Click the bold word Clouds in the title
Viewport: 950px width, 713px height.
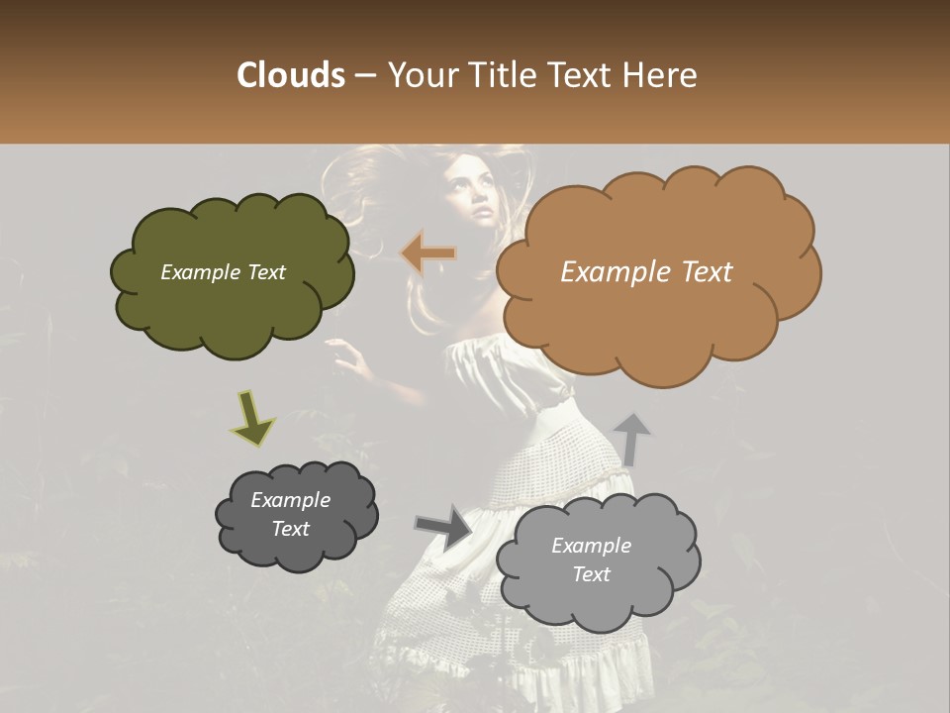click(290, 74)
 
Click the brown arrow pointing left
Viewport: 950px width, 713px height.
click(428, 255)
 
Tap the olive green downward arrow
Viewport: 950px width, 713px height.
click(252, 419)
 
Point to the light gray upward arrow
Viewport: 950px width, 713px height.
click(631, 438)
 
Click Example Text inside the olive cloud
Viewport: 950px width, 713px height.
click(223, 272)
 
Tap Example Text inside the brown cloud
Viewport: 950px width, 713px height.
click(646, 272)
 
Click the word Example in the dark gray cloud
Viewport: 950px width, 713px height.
click(290, 500)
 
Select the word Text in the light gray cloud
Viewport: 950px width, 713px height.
click(592, 574)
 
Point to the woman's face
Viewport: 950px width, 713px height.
click(471, 193)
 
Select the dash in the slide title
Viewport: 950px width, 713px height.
click(365, 76)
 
